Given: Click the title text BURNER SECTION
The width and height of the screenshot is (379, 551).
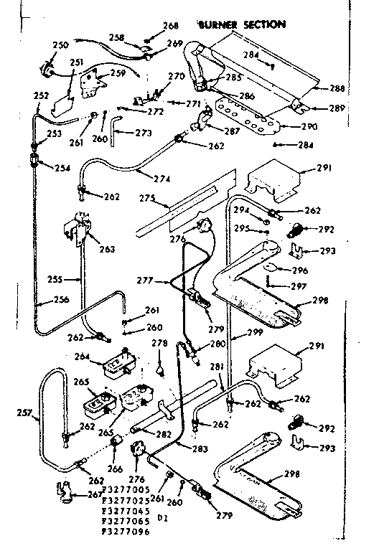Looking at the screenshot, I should [x=242, y=24].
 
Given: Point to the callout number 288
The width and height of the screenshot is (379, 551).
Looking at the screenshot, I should [x=336, y=88].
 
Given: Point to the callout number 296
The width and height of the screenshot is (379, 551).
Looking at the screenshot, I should [x=299, y=270].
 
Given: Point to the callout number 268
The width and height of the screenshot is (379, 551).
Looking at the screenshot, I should [x=170, y=25].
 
